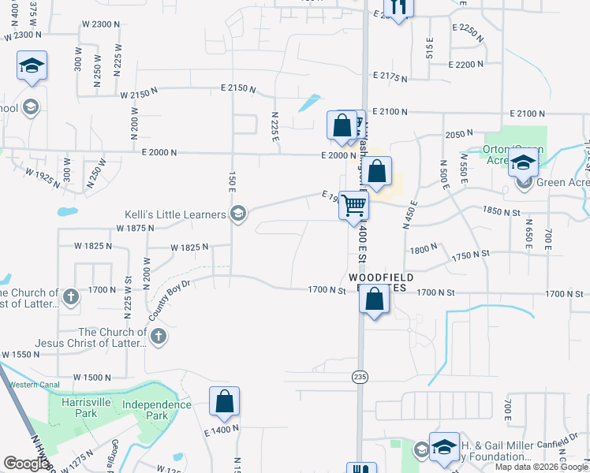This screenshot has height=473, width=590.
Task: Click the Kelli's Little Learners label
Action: (175, 214)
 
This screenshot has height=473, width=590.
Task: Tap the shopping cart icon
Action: (354, 205)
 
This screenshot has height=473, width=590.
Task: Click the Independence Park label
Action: (157, 410)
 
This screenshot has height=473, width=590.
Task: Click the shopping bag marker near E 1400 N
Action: (225, 401)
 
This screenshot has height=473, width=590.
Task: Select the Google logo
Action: (27, 464)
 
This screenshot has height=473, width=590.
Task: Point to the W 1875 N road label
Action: (134, 228)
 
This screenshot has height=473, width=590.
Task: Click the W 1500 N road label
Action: (91, 378)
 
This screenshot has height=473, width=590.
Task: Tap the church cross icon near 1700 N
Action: (71, 297)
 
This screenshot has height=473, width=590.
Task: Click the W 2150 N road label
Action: (141, 95)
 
